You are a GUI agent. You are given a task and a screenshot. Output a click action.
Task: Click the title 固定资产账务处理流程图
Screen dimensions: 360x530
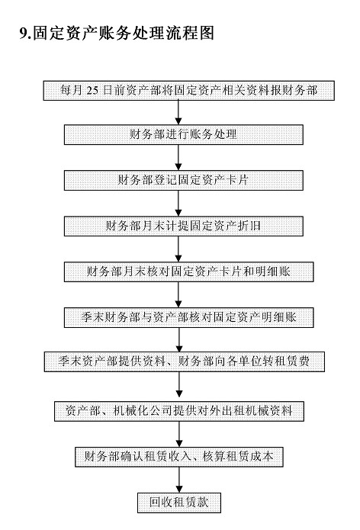pos(124,34)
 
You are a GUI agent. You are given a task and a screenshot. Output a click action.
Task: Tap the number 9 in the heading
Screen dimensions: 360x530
pos(23,34)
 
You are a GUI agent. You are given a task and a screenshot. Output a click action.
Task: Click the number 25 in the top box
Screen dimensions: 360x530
pos(92,91)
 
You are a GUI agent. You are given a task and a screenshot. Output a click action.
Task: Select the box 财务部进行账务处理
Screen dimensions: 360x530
pos(184,135)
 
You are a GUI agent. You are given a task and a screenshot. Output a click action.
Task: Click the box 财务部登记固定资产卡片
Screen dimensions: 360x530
pos(184,181)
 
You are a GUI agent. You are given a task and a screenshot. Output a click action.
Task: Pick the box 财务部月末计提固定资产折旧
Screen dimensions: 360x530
pos(184,226)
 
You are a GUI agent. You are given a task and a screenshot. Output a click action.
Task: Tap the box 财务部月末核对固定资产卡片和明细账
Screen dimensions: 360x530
pos(189,271)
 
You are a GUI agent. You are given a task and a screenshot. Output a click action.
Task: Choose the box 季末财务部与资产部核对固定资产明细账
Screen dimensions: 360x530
pos(189,317)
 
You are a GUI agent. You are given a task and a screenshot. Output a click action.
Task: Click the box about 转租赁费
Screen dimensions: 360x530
pos(185,361)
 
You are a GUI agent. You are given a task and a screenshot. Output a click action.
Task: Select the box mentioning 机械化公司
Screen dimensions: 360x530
pos(179,411)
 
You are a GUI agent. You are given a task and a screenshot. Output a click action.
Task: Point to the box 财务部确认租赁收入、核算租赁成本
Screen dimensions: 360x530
pos(179,457)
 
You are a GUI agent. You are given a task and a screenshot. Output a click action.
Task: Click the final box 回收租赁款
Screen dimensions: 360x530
pos(179,503)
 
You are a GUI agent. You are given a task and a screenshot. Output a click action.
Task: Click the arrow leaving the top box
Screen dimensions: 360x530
pos(178,113)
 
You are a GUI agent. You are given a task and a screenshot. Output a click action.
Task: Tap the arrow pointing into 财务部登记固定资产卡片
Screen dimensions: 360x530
pos(178,158)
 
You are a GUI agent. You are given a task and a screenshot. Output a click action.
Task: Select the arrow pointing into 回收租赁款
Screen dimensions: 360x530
pos(179,480)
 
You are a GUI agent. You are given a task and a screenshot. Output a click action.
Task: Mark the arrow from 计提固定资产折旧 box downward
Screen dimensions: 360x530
pos(178,249)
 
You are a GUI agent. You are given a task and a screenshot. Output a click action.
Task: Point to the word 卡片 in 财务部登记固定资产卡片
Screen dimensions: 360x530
pos(238,180)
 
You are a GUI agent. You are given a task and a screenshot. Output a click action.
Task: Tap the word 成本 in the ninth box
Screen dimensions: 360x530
pos(262,457)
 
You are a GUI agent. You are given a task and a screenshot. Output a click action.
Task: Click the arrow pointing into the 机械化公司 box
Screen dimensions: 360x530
pos(179,387)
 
